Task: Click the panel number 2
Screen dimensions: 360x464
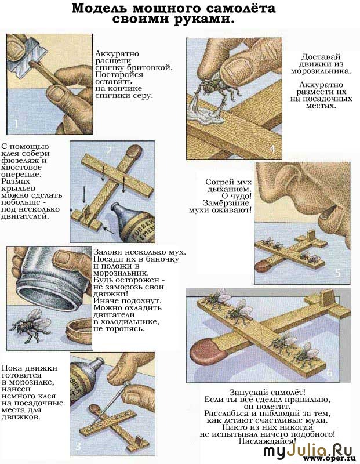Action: [x=109, y=151]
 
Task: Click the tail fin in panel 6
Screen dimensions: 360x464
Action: [x=326, y=298]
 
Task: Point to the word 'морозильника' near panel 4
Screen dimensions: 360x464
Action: [x=321, y=71]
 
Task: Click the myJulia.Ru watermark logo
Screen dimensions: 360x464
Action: [x=308, y=451]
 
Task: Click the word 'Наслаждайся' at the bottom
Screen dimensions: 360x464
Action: [x=267, y=441]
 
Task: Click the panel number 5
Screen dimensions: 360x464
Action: [x=338, y=273]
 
